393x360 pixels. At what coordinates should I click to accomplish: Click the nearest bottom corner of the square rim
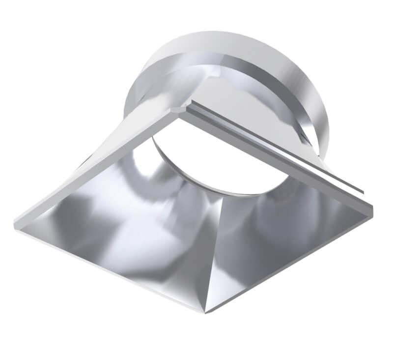(x=204, y=311)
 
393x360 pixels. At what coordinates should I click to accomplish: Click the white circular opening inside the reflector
(x=216, y=152)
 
